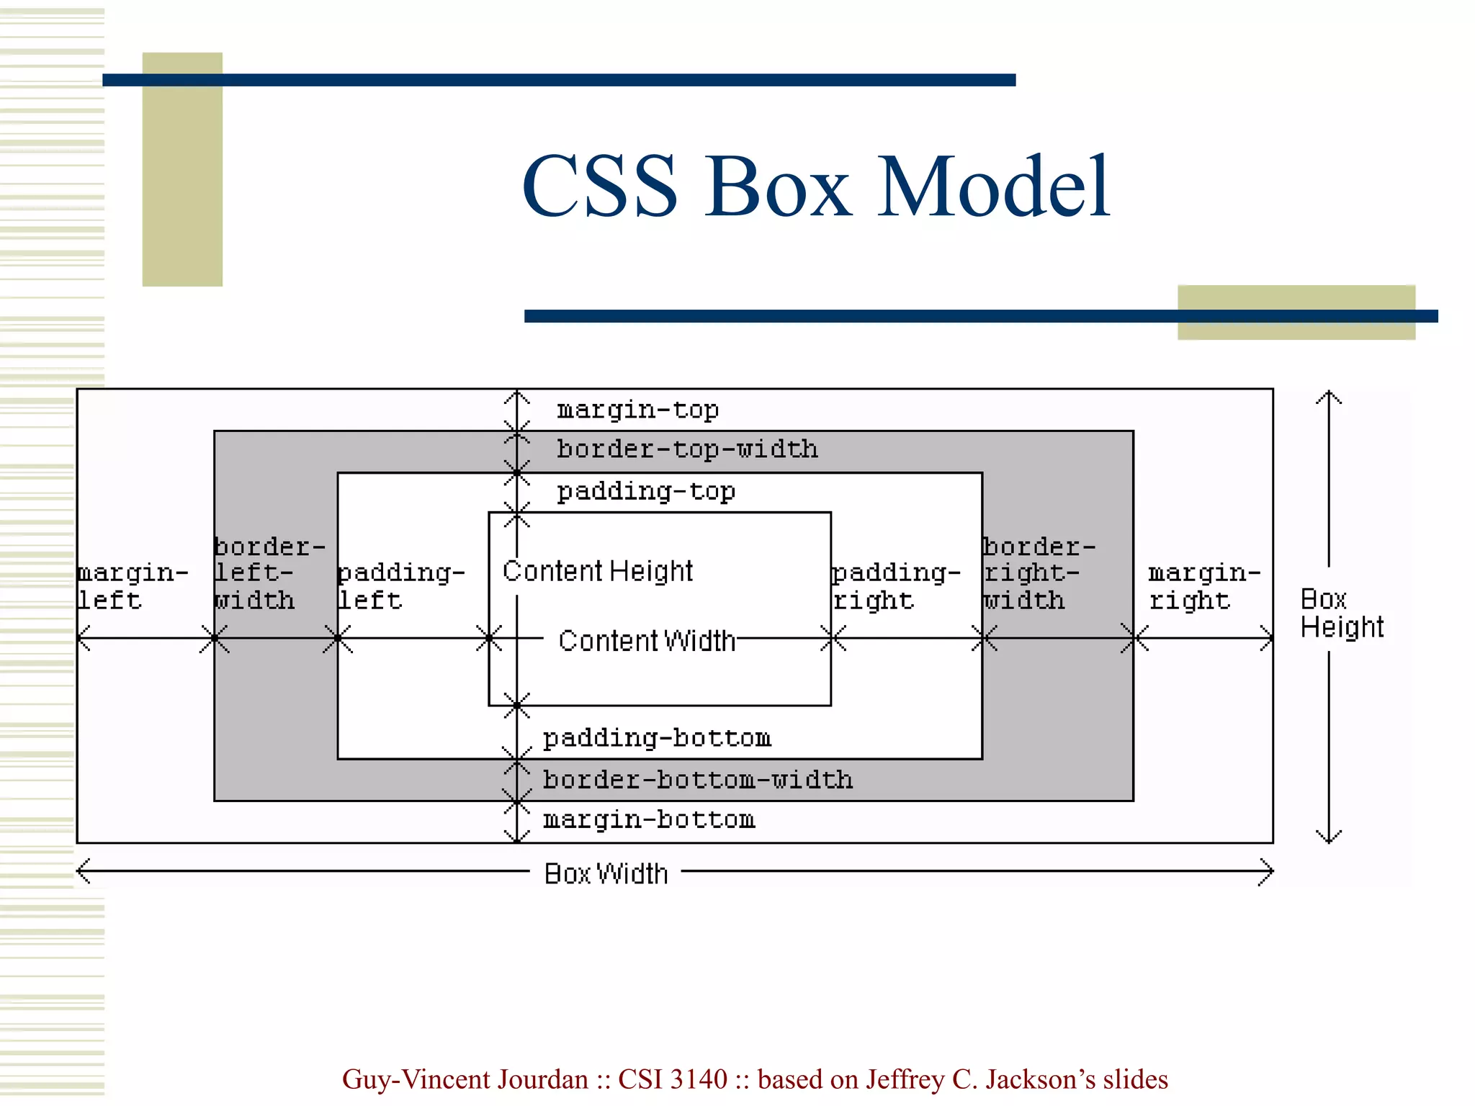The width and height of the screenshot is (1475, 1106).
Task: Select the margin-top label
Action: [637, 410]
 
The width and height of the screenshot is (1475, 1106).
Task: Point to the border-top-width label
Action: [687, 449]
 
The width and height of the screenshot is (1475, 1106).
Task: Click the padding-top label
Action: [646, 491]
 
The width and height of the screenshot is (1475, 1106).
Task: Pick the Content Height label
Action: [597, 571]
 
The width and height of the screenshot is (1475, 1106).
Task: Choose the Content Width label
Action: [647, 640]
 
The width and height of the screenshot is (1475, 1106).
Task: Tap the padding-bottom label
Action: [657, 738]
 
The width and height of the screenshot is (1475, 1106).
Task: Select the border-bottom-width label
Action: [697, 780]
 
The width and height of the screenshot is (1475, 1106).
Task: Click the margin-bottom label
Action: [648, 819]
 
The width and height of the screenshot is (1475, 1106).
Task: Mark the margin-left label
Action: [132, 586]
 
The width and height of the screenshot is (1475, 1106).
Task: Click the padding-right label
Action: [896, 586]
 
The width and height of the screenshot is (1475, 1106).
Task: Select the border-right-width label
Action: [1039, 573]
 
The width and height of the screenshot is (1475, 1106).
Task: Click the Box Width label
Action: [606, 873]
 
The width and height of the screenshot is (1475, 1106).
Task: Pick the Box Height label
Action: [1341, 613]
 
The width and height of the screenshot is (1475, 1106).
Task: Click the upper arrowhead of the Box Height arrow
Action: [1329, 395]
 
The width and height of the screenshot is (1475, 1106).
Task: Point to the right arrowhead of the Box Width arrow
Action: [1269, 871]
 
